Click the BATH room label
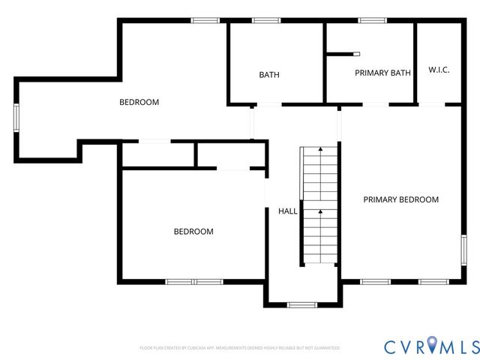269,75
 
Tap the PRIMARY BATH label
382,73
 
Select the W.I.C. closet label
439,70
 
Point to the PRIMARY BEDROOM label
400,199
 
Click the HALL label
288,211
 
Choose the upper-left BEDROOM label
139,102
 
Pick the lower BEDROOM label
193,232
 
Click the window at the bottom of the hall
302,304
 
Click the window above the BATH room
265,20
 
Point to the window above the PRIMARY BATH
372,20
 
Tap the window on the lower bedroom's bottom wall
194,281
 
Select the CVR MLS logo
431,346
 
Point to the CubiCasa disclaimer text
240,348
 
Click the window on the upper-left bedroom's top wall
205,20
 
